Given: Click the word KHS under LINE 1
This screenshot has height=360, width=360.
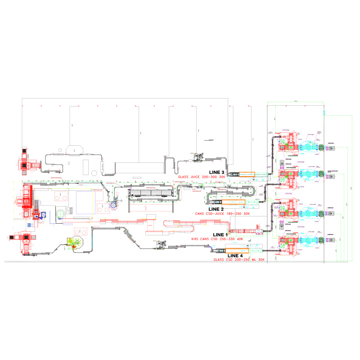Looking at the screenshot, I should tap(195, 239).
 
